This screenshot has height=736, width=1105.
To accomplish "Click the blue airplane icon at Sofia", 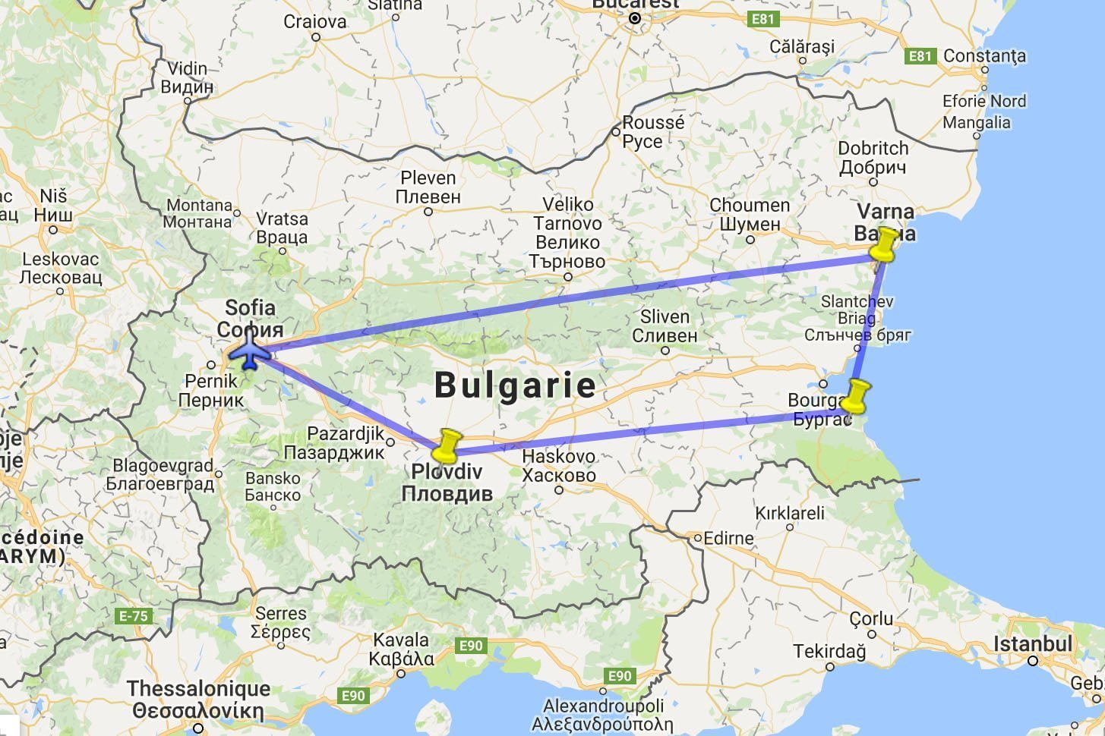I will (249, 354).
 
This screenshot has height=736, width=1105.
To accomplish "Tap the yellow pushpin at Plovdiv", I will (447, 446).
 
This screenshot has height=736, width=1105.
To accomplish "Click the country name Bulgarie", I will (515, 385).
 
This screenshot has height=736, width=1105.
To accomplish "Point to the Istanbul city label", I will (1033, 644).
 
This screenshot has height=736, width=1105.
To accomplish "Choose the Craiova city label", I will (314, 22).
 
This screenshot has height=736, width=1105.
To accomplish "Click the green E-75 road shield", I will (134, 616).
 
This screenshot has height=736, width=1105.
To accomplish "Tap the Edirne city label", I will (728, 538).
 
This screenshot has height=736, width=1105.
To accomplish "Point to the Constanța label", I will (984, 56).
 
